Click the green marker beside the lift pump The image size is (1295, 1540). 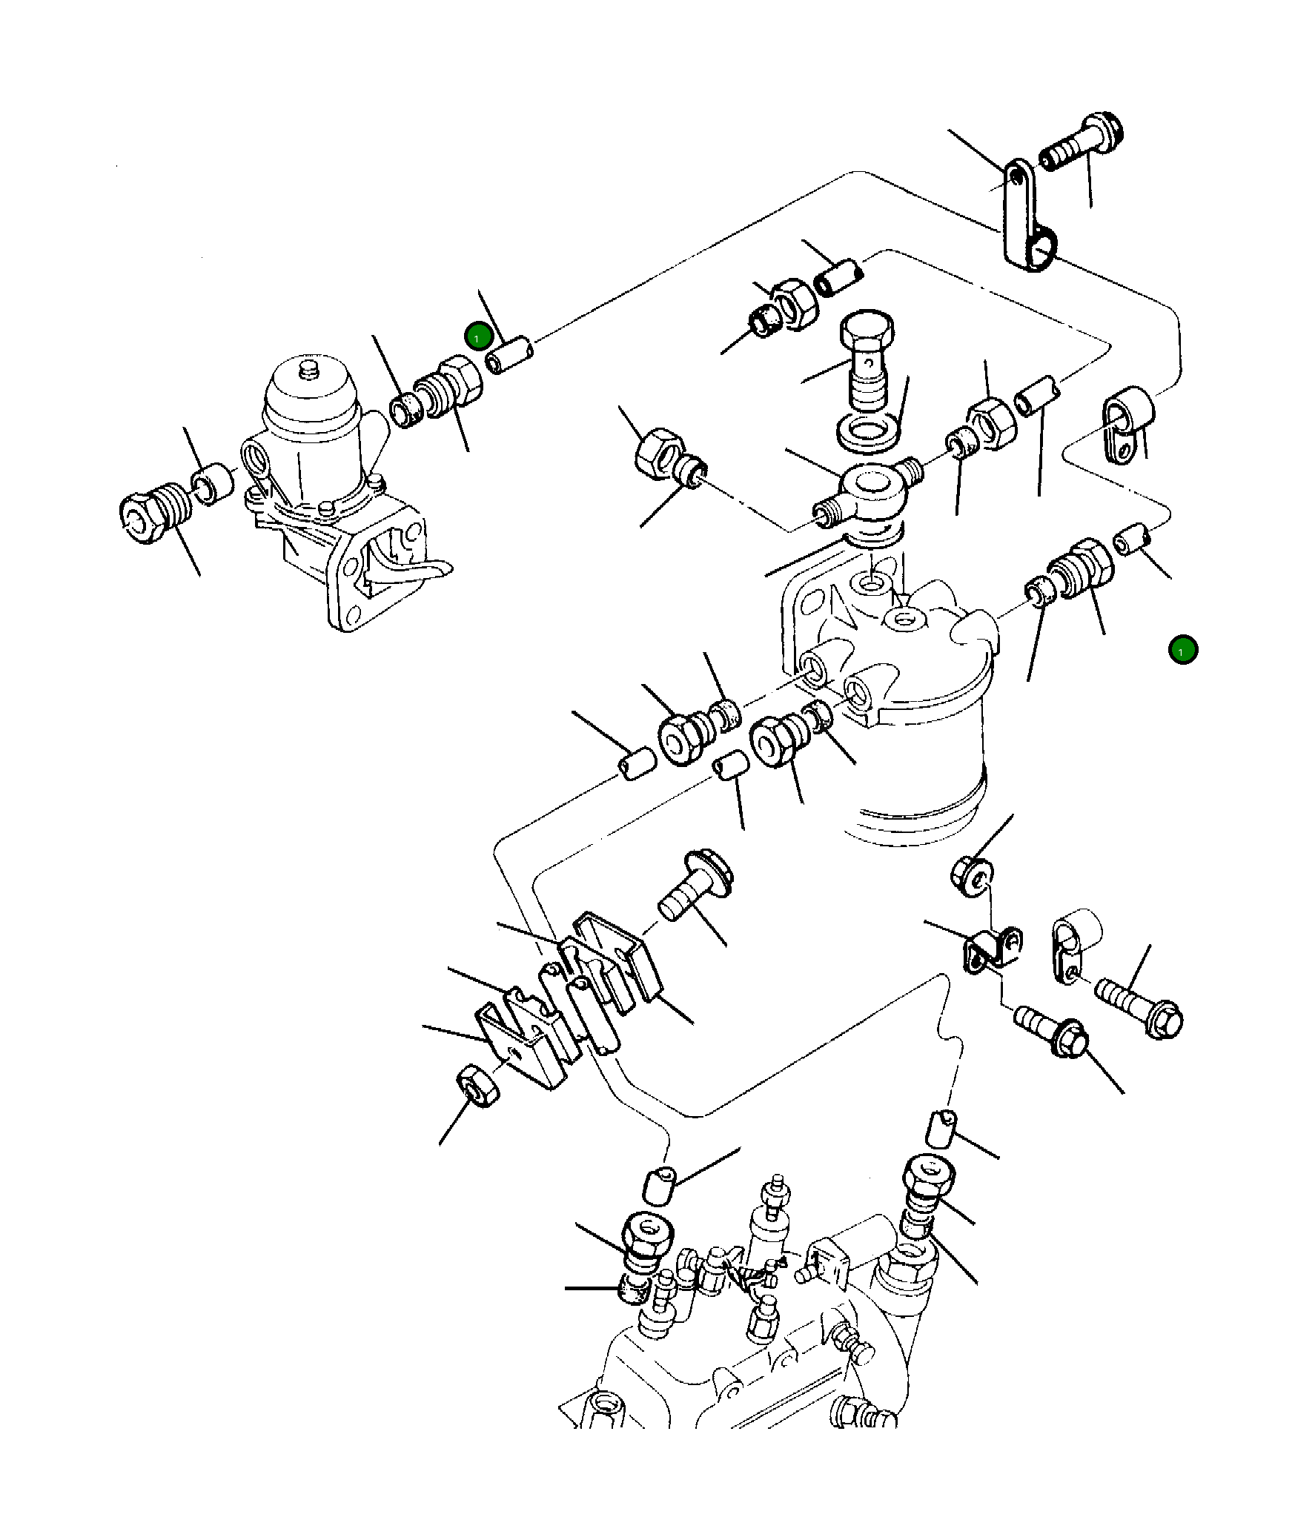click(478, 337)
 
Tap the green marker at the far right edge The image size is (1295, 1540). click(1182, 650)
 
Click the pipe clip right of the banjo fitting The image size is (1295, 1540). click(1128, 428)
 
